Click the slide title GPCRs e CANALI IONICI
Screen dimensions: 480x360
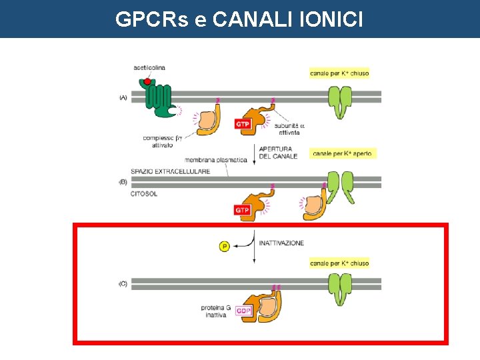pos(239,19)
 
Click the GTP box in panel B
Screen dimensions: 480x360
pos(243,211)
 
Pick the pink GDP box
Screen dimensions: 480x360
pos(244,311)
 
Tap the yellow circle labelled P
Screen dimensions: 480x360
pos(225,247)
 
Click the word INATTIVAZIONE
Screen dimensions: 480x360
pos(281,243)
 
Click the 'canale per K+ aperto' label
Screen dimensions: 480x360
pos(343,153)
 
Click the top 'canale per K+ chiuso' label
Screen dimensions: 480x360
pos(339,73)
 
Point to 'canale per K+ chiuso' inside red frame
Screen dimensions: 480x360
pos(339,263)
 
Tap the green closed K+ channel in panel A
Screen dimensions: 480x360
pos(343,101)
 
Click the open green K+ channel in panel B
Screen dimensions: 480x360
pos(346,187)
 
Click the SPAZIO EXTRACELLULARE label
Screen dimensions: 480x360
pos(171,171)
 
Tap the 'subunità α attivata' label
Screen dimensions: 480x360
pos(289,129)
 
